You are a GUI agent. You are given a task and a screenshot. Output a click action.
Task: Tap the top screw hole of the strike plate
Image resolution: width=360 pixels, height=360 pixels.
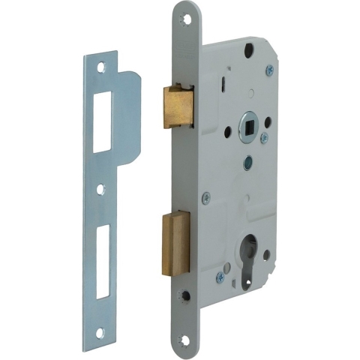(x=102, y=67)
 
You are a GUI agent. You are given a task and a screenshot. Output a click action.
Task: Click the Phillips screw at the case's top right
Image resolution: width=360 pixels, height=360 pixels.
(x=269, y=70)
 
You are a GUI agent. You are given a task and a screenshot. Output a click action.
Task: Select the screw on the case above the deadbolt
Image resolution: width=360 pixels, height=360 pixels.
(x=206, y=198)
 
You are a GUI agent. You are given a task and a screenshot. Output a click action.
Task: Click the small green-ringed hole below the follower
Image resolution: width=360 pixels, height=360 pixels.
(x=248, y=160)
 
